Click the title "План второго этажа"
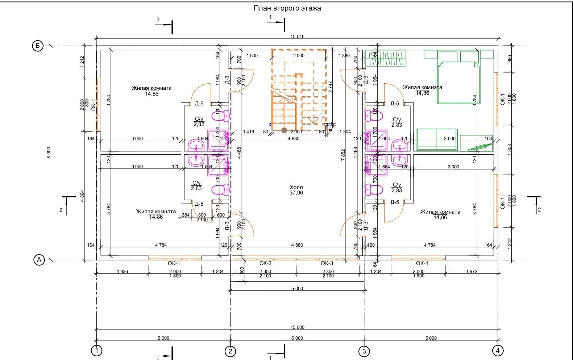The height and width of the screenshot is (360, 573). click(287, 8)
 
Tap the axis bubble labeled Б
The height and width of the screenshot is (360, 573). click(38, 46)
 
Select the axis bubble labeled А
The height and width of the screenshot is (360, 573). click(39, 260)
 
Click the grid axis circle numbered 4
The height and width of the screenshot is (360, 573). click(498, 350)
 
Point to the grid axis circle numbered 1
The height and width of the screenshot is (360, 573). click(96, 350)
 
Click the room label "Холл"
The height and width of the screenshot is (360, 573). click(296, 187)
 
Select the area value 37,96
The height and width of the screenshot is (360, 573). click(296, 193)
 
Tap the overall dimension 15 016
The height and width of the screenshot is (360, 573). click(297, 36)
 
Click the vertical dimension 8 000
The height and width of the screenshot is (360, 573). click(49, 152)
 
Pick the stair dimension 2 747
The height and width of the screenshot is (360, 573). click(330, 87)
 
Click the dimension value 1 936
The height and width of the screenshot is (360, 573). click(122, 271)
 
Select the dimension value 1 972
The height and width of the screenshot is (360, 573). click(472, 271)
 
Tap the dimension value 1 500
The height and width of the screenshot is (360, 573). click(252, 55)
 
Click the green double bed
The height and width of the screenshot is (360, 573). click(458, 81)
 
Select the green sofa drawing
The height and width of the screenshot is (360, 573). click(437, 139)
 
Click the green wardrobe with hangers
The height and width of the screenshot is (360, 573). click(386, 58)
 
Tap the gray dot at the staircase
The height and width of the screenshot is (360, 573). click(284, 130)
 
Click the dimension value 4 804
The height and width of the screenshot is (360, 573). click(82, 196)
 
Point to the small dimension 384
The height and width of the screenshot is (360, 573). click(186, 215)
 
